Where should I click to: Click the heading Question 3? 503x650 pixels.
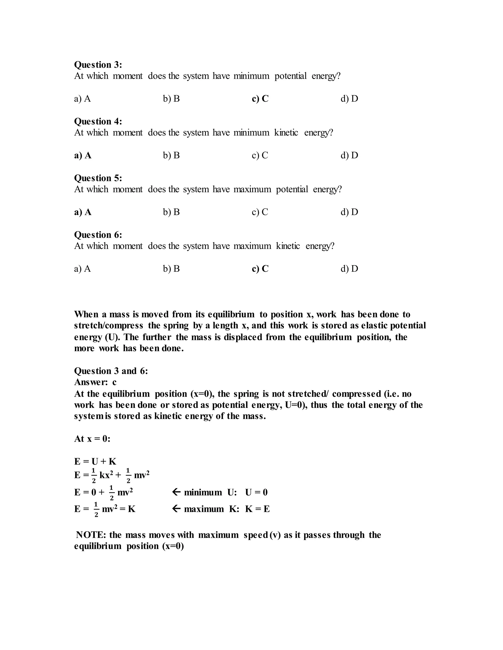tap(98, 65)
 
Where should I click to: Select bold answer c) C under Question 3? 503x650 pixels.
tap(260, 99)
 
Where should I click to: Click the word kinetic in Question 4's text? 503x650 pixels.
tap(286, 132)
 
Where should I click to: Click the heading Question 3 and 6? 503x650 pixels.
tap(111, 371)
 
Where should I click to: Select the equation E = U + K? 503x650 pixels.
tap(95, 461)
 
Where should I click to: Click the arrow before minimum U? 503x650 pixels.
tap(176, 492)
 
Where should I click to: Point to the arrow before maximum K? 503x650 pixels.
tap(176, 509)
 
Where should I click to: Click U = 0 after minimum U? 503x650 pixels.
tap(256, 492)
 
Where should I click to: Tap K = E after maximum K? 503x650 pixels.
tap(257, 509)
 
